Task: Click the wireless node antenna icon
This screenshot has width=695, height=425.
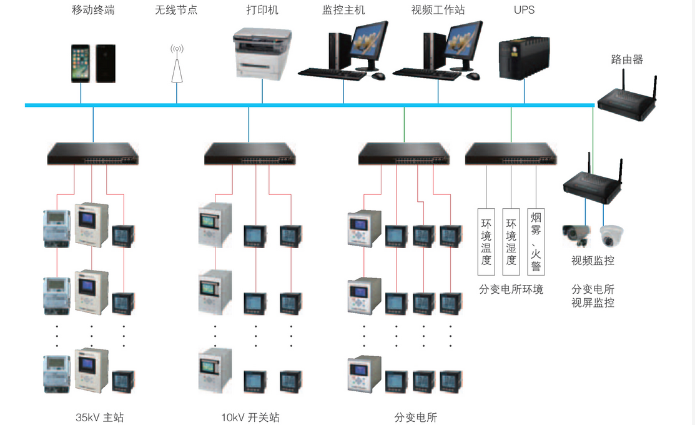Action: [177, 64]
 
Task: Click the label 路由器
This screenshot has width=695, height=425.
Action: [626, 60]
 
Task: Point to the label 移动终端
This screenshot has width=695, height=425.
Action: [93, 10]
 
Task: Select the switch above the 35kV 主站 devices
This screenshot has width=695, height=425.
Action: [93, 154]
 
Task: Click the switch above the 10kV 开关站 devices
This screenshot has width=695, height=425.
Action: [249, 154]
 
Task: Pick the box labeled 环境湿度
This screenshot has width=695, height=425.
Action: [511, 242]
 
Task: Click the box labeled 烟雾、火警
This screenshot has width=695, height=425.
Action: [536, 242]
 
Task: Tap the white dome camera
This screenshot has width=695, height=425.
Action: [608, 236]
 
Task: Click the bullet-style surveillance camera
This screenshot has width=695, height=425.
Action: [577, 236]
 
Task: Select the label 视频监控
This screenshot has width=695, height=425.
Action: [593, 261]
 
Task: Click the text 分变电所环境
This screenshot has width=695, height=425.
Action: [511, 289]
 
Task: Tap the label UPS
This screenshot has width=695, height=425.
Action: [524, 10]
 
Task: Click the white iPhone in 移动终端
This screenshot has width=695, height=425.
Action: [81, 63]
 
